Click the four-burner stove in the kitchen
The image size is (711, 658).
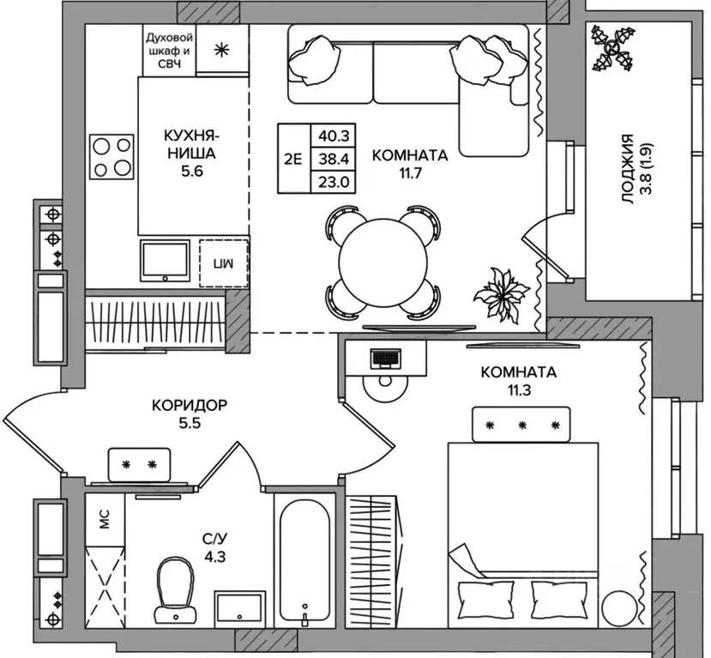click(x=112, y=156)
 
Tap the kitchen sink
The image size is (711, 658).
click(x=165, y=262)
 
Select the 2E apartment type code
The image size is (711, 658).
click(x=292, y=158)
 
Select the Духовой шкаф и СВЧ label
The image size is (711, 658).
click(x=170, y=50)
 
